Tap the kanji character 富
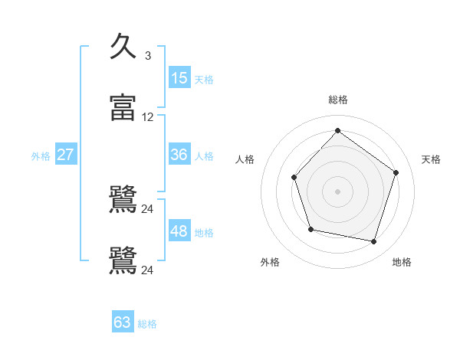point(123,108)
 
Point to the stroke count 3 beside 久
point(147,56)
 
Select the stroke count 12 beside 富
point(147,117)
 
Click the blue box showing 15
point(179,77)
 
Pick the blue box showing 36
point(179,155)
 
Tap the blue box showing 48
point(179,231)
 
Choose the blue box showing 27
point(66,155)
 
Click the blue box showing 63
point(123,322)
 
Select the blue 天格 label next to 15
point(204,80)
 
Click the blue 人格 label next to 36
point(204,156)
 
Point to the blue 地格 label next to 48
point(204,233)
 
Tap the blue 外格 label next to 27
point(41,156)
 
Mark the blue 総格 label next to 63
point(147,324)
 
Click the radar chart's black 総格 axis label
point(337,100)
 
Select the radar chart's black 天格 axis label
point(431,159)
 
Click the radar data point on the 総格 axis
point(337,130)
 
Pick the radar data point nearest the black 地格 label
point(374,242)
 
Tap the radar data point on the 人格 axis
point(294,178)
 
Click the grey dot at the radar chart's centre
point(337,191)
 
